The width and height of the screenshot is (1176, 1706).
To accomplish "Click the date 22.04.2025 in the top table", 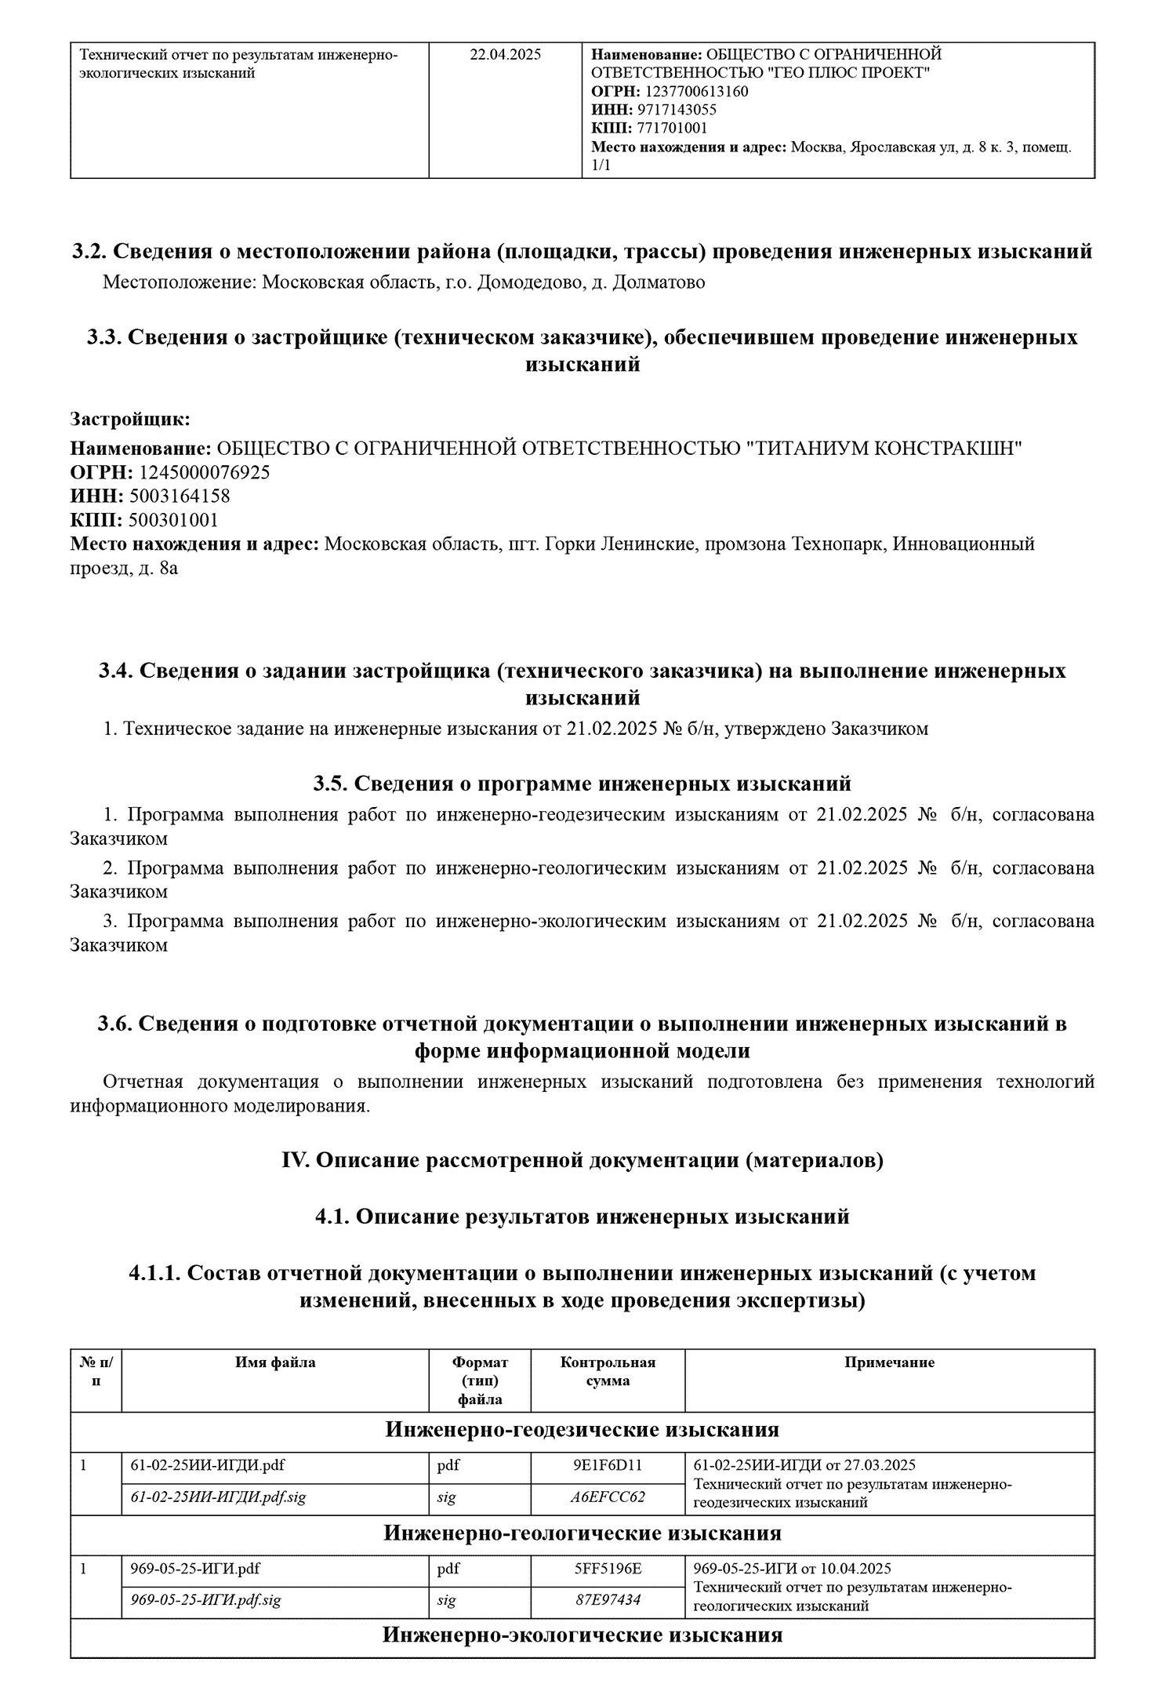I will (505, 55).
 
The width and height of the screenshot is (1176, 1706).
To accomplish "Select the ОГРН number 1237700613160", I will (696, 92).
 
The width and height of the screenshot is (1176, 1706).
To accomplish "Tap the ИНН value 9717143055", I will (677, 110).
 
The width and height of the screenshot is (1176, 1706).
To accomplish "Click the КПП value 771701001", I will (673, 129).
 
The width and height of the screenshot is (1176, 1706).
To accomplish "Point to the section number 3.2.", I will (89, 252).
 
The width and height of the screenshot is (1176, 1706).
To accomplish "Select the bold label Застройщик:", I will (130, 419).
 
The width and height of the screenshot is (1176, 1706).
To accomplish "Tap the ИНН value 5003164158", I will (180, 497).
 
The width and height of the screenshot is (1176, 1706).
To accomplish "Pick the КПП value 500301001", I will (173, 520).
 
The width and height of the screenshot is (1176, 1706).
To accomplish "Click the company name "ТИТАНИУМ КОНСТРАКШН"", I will (882, 449).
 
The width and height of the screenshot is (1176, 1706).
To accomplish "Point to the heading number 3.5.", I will (330, 784).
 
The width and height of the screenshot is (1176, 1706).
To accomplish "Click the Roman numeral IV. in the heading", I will (296, 1160).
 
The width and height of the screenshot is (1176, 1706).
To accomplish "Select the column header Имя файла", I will (275, 1362).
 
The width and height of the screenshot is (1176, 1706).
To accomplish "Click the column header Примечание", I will (889, 1362).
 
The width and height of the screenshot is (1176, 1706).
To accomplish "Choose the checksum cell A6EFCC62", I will (608, 1497).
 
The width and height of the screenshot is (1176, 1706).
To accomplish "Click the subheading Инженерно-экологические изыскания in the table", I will (582, 1635).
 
